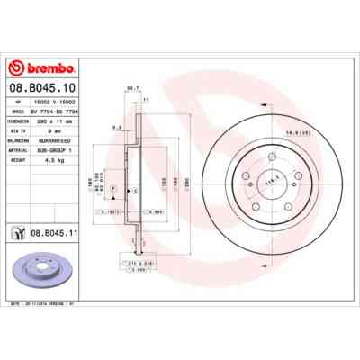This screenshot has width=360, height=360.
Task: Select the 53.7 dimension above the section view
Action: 131,87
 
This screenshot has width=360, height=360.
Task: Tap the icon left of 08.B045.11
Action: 17,232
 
